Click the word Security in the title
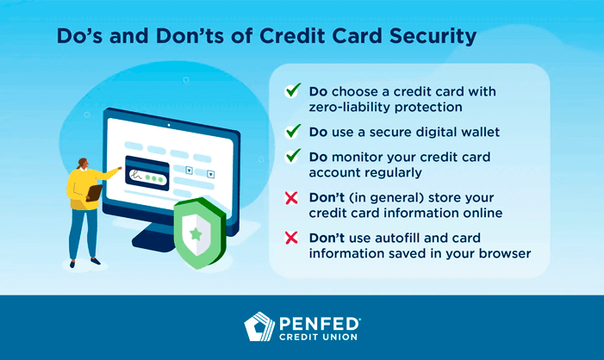coord(432,37)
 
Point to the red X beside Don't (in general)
coord(292,197)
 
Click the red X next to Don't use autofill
coord(292,238)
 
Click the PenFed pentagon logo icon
coord(259,327)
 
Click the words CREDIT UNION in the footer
coord(319,338)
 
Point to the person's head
coord(82,164)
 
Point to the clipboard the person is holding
coord(93,191)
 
